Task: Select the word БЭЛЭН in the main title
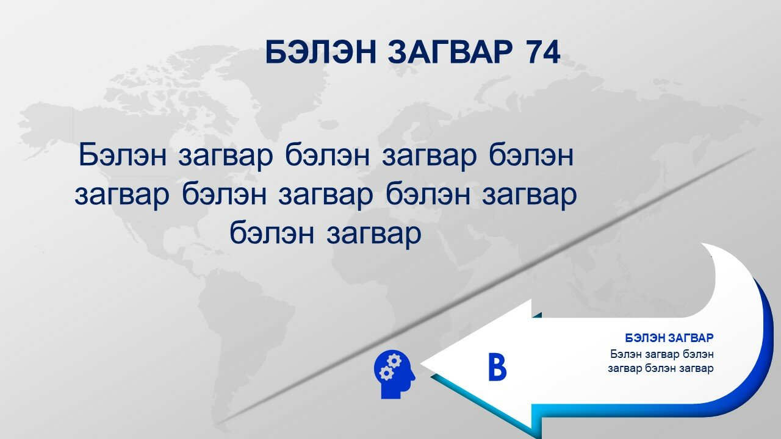click(321, 52)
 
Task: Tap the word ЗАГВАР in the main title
click(450, 52)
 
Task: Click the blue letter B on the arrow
click(497, 366)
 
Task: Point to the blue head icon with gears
click(394, 374)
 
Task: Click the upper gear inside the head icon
click(394, 360)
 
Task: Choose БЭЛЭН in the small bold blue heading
click(646, 338)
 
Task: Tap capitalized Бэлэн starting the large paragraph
click(123, 155)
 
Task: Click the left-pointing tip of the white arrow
click(421, 363)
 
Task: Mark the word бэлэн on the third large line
click(272, 234)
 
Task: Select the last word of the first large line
click(531, 155)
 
